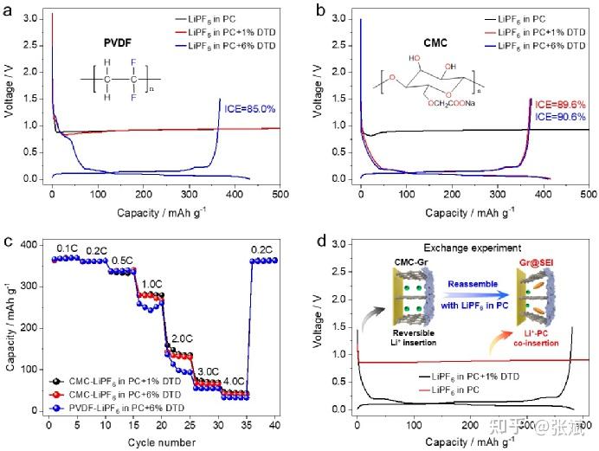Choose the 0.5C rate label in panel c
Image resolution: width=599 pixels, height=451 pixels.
121,261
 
